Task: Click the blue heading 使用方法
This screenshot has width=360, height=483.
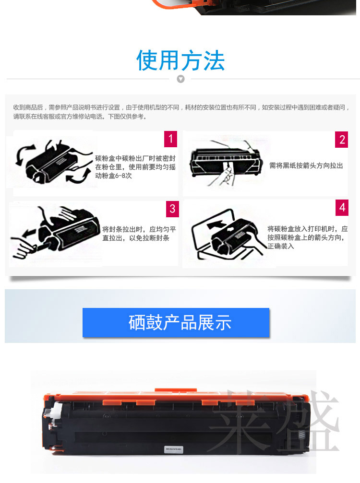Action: (180, 60)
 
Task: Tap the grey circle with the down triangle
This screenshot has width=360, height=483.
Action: (180, 79)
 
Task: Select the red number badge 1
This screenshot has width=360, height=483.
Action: (170, 139)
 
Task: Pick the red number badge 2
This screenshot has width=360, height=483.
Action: (341, 140)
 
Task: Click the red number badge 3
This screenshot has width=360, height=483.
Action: (172, 209)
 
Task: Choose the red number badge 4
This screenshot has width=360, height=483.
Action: (342, 208)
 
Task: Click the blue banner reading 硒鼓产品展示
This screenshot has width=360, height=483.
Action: (176, 322)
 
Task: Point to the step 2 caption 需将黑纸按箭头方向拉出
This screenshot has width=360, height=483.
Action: (306, 165)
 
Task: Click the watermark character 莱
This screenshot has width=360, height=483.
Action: (243, 422)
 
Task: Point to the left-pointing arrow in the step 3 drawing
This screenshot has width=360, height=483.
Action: (28, 233)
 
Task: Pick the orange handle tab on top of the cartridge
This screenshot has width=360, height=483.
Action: (176, 390)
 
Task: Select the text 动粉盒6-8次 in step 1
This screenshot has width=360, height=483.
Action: (113, 176)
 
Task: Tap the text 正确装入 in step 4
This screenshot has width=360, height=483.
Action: (280, 246)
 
